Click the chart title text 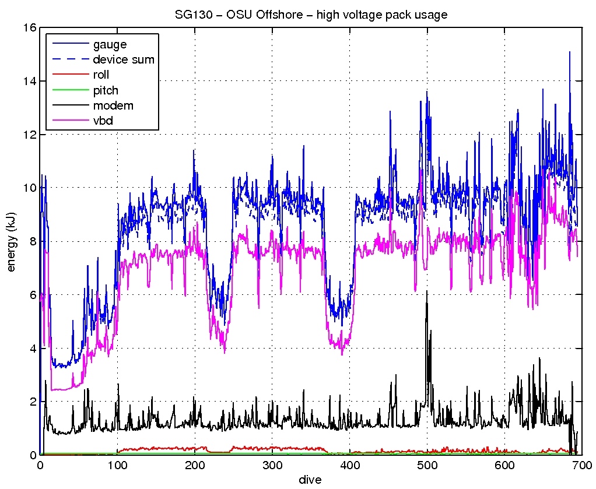pos(311,15)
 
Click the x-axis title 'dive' pos(310,479)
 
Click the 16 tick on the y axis pos(29,28)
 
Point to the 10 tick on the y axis pos(29,188)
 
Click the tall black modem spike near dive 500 pos(427,291)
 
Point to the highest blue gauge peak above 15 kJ pos(569,52)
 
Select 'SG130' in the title pos(190,15)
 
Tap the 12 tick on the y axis pos(29,135)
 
